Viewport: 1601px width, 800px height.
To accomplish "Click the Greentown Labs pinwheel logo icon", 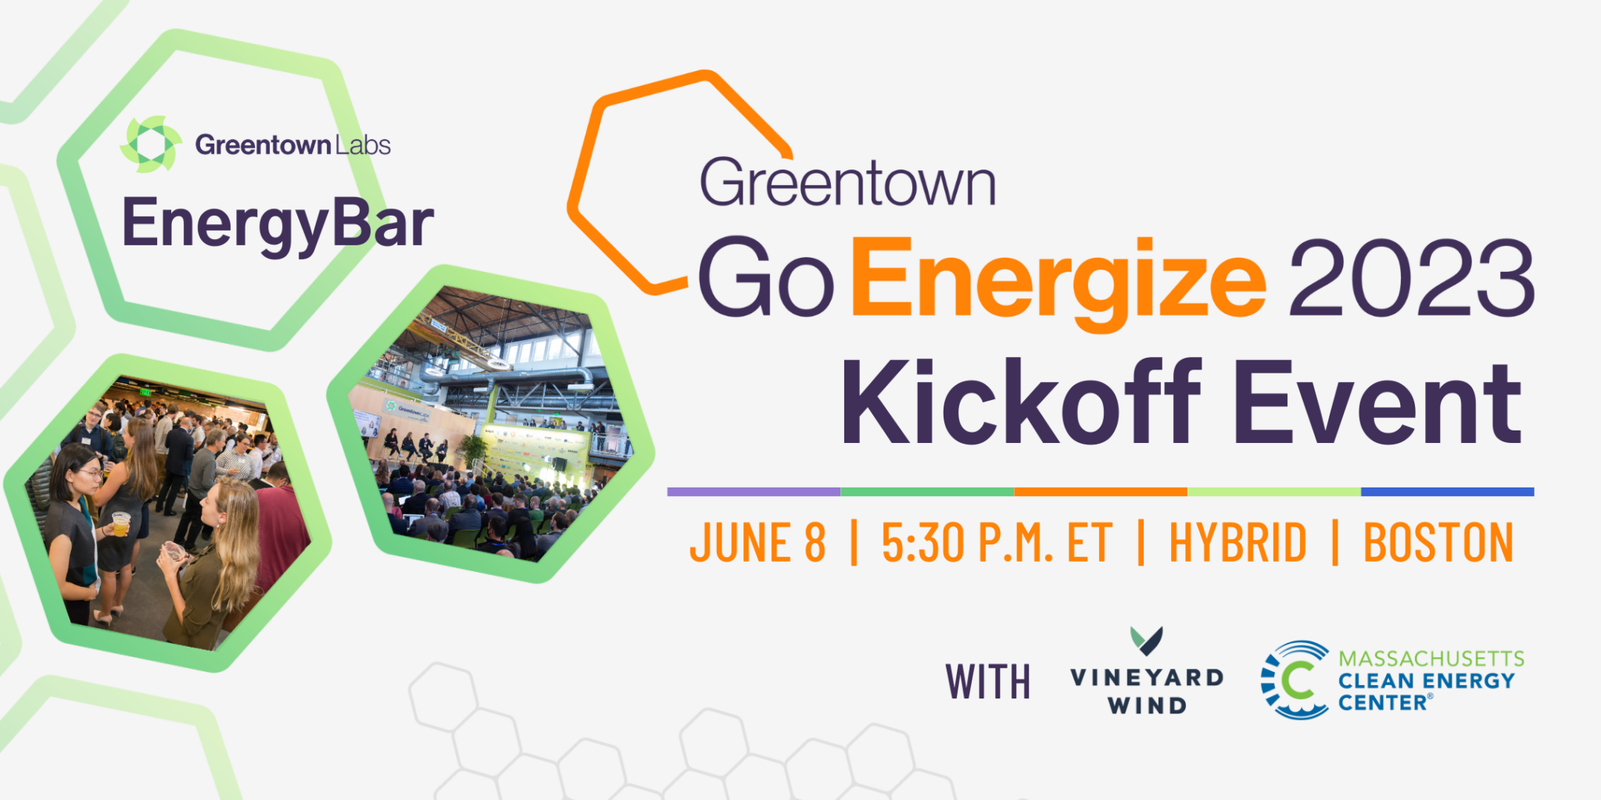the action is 151,145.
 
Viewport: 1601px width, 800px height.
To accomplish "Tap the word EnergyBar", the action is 278,224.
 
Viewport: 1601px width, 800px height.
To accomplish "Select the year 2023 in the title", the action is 1412,278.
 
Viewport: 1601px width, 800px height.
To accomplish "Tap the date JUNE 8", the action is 758,542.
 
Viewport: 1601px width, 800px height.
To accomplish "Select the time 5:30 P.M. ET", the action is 997,542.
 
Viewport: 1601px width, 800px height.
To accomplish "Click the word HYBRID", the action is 1237,542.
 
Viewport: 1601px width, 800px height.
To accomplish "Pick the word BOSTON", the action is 1438,542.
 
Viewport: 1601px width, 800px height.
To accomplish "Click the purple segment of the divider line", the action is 754,491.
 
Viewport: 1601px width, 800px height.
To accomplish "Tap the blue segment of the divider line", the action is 1448,491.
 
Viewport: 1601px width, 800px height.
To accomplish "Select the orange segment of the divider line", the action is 1101,491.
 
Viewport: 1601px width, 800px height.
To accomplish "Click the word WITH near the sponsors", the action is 988,681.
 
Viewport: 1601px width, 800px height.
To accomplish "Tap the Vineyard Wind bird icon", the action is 1147,641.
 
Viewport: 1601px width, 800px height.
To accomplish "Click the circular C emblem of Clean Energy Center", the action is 1295,680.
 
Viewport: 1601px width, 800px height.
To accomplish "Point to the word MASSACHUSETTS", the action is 1431,659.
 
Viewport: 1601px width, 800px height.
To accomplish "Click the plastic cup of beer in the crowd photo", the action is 120,523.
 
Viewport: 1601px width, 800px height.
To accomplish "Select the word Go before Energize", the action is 766,278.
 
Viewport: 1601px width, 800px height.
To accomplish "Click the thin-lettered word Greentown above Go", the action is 848,183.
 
